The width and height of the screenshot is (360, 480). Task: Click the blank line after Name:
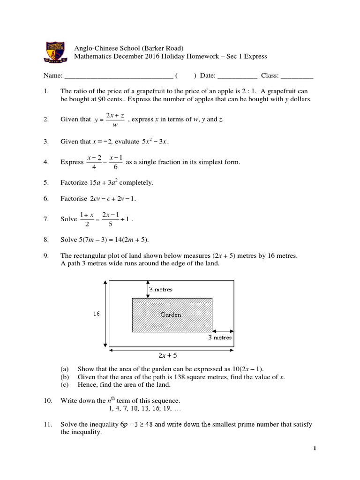click(x=118, y=76)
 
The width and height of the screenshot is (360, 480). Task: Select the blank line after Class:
click(x=297, y=76)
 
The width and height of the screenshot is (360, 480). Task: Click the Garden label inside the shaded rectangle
click(x=171, y=315)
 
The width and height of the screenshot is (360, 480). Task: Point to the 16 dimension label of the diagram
click(x=96, y=314)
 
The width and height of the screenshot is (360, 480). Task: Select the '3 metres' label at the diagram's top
click(x=161, y=290)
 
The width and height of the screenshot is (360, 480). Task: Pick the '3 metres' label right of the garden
click(x=220, y=337)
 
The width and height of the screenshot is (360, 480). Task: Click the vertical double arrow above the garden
click(x=148, y=289)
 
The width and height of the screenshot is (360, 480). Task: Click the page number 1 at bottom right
click(x=315, y=449)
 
